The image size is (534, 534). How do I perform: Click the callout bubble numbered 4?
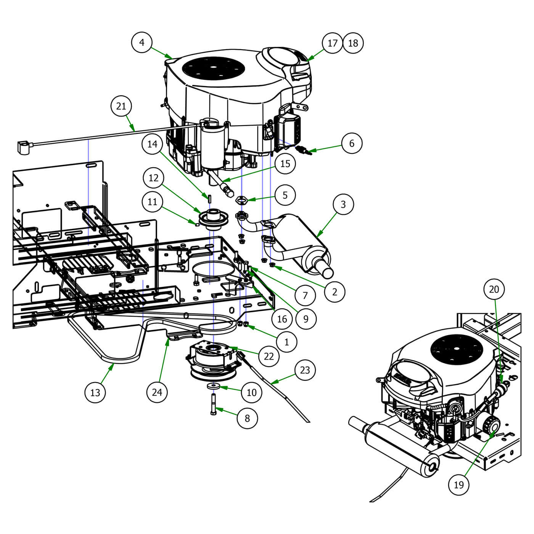[142, 42]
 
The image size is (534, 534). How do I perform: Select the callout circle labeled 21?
[121, 106]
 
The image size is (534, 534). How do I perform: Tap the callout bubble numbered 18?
[353, 43]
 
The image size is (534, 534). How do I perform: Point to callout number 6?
[351, 143]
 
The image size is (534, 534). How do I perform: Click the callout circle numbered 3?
[343, 204]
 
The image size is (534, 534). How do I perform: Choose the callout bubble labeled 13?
[95, 392]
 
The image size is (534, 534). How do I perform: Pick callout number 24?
[157, 392]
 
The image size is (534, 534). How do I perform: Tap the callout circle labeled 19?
[458, 485]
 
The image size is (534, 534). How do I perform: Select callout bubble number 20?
[494, 290]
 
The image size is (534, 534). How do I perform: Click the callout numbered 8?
[247, 418]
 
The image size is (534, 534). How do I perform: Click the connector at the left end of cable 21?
[24, 148]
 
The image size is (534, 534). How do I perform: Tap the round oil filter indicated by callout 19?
[491, 425]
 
